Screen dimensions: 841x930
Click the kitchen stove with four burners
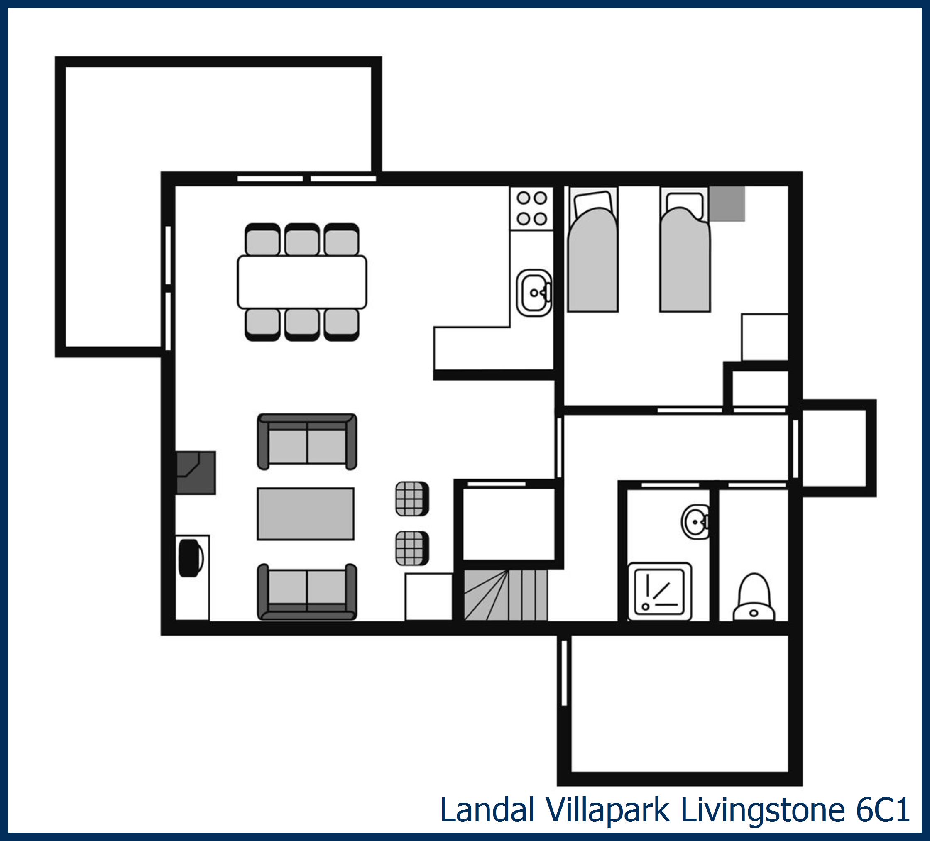(x=531, y=208)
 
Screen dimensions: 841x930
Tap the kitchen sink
(x=533, y=293)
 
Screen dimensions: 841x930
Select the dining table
(x=302, y=282)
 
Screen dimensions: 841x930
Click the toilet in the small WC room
(x=754, y=598)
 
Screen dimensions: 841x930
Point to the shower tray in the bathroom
(x=659, y=592)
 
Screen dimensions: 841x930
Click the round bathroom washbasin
(x=695, y=522)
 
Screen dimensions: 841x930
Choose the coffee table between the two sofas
(x=306, y=513)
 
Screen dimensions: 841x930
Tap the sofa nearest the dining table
(x=307, y=441)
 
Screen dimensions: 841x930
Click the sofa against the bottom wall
(x=307, y=592)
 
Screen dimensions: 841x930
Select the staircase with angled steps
(x=505, y=595)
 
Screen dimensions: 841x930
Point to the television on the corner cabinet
(x=190, y=558)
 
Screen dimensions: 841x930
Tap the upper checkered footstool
(x=411, y=499)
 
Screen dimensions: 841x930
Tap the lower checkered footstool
(x=411, y=548)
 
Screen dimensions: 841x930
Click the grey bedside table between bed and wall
(x=727, y=204)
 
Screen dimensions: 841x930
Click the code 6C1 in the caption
(x=883, y=809)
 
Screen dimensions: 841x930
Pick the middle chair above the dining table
(x=302, y=240)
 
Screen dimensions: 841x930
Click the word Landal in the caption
(x=487, y=809)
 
